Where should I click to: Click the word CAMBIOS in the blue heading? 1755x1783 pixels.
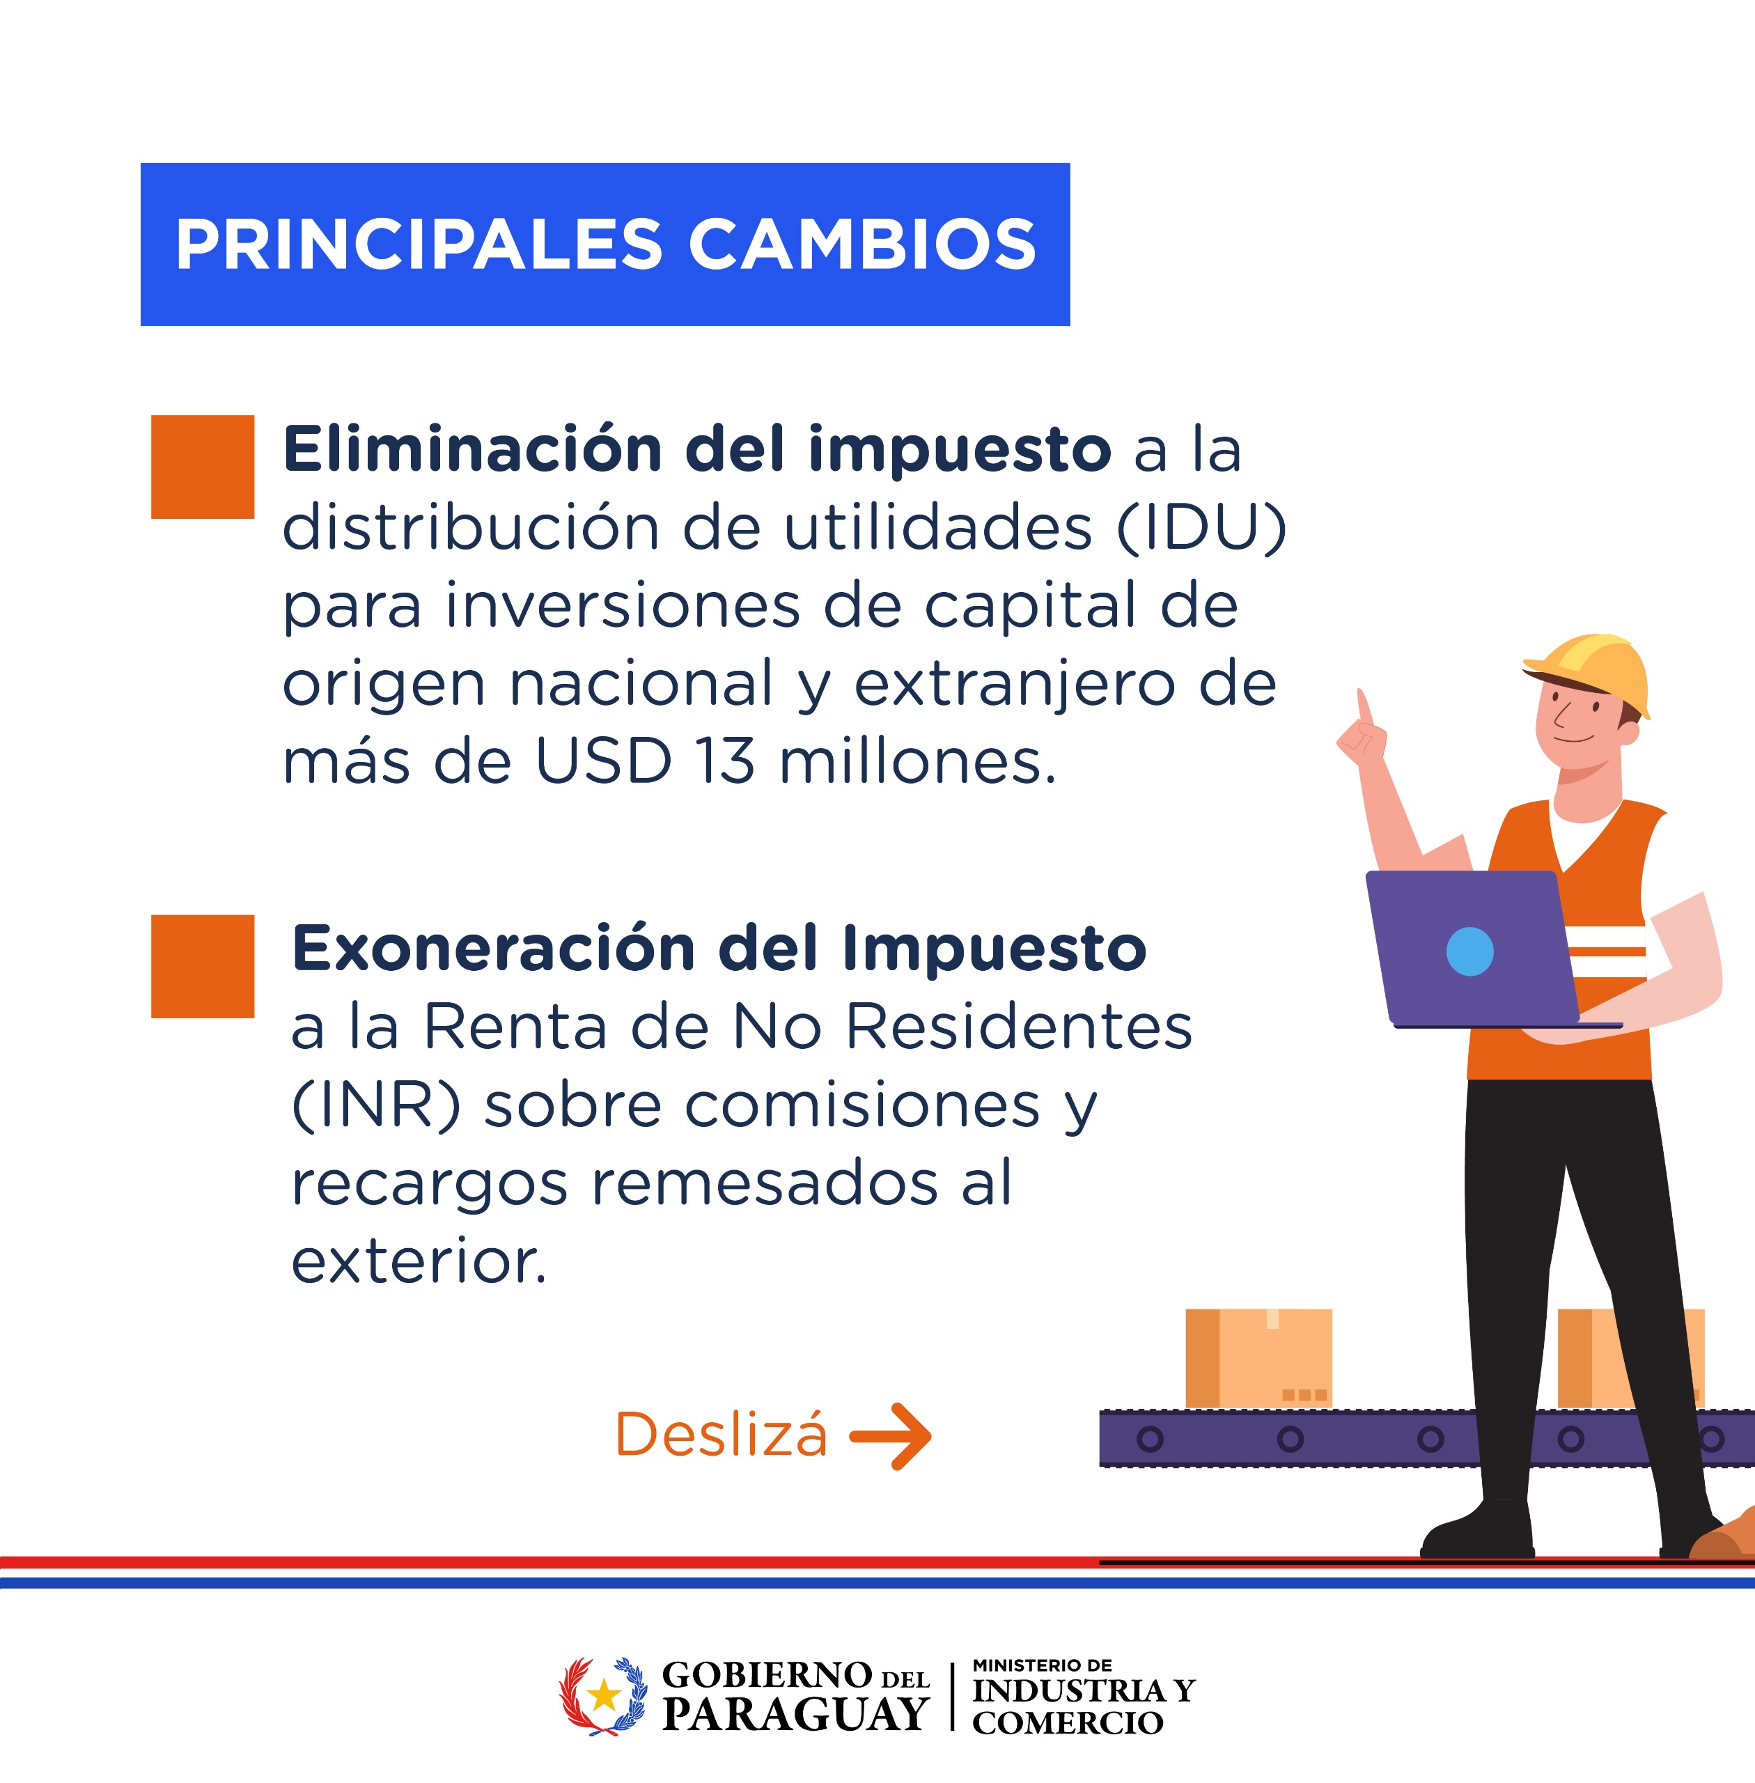click(863, 245)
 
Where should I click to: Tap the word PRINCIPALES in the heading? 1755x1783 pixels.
click(419, 245)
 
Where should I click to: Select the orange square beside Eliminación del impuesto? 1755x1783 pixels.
click(203, 467)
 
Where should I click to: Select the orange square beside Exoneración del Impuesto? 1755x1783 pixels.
click(203, 966)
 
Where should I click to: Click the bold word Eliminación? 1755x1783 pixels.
click(473, 449)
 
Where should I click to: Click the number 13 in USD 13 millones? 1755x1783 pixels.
click(726, 763)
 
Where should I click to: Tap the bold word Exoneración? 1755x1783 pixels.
click(493, 949)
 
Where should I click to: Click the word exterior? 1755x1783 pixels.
click(419, 1262)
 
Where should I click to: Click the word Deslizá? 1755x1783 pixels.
click(721, 1433)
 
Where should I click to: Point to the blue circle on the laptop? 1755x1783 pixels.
click(1469, 951)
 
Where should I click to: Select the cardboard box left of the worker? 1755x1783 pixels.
click(1258, 1358)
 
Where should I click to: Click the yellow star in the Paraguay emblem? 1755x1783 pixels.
click(604, 1695)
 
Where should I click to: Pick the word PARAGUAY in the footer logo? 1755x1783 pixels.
click(795, 1715)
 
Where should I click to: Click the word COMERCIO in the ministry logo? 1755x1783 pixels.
click(1068, 1722)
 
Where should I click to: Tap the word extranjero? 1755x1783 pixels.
click(1013, 685)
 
